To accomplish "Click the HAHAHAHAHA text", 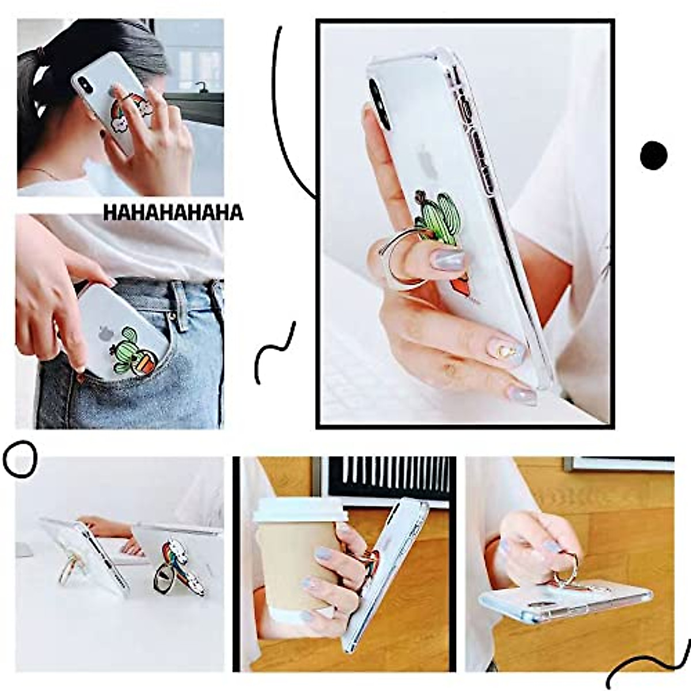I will pos(173,212).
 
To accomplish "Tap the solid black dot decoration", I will pos(654,155).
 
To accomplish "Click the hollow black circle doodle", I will pos(20,459).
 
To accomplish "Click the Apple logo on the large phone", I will pos(426,158).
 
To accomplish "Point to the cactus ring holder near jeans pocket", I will pos(134,351).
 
